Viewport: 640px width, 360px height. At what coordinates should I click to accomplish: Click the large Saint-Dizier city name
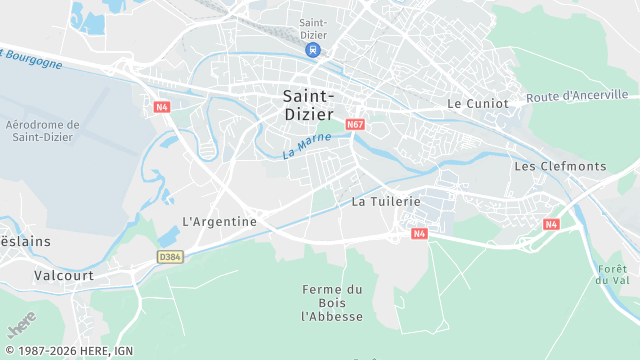click(x=309, y=104)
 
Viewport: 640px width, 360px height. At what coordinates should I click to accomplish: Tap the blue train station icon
click(x=313, y=49)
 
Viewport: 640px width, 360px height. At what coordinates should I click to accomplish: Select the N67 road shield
click(x=355, y=125)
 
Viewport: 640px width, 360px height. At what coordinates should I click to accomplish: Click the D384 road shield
click(x=170, y=257)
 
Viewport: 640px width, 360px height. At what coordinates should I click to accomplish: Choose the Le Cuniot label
click(x=478, y=103)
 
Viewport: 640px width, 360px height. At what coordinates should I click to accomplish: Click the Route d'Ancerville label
click(x=582, y=96)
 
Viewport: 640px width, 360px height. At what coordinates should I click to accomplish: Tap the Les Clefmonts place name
click(x=560, y=166)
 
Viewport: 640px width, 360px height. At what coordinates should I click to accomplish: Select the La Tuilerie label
click(x=386, y=201)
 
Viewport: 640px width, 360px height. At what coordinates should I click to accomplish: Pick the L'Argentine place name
click(x=219, y=221)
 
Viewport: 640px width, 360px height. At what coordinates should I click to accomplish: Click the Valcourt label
click(x=64, y=275)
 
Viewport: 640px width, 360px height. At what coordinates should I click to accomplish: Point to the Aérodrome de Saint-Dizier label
click(x=42, y=131)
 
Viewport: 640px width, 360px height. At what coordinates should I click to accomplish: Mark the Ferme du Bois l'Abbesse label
click(x=333, y=303)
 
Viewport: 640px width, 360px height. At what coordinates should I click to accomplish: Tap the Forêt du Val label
click(x=611, y=274)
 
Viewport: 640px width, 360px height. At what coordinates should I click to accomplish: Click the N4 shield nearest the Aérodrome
click(x=162, y=107)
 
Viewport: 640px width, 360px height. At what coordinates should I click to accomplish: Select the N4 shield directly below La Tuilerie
click(x=420, y=234)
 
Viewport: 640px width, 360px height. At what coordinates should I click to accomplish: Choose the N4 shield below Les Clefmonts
click(x=551, y=224)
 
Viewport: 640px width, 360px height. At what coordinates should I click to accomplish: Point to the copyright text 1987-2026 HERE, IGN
click(x=67, y=351)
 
